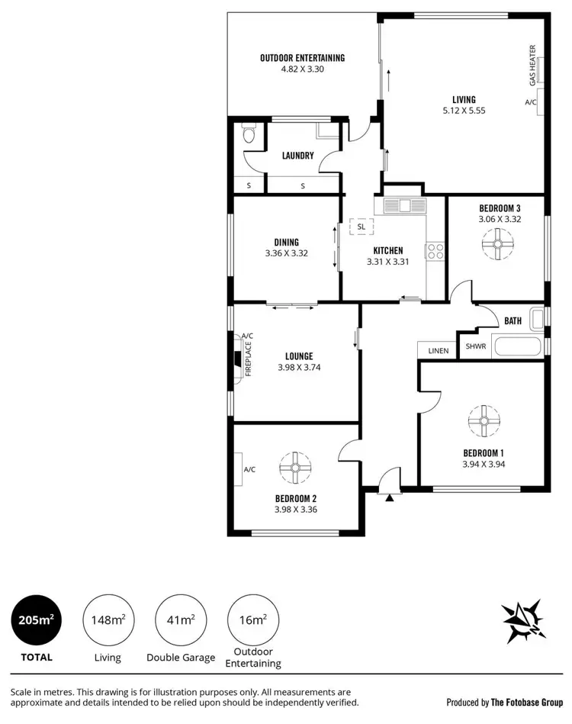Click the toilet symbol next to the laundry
[x=246, y=135]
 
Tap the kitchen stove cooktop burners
[x=435, y=251]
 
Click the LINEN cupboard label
[x=439, y=349]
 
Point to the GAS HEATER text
[x=532, y=65]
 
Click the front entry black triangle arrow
[x=390, y=497]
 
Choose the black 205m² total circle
[x=36, y=619]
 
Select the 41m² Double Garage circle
[x=181, y=619]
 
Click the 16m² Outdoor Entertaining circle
[x=253, y=619]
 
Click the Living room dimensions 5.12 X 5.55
[x=464, y=111]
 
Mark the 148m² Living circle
[x=108, y=619]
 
